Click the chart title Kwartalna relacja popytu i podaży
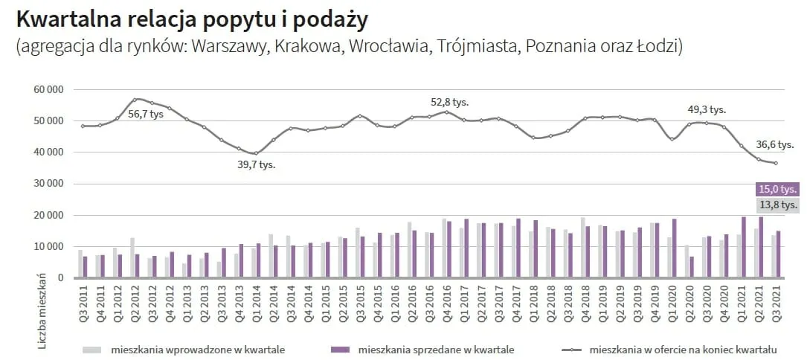[191, 18]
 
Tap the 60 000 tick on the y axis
[48, 89]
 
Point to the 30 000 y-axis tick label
[48, 184]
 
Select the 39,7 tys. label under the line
[257, 164]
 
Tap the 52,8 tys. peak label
[450, 102]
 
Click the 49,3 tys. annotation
[706, 109]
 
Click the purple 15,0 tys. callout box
[778, 189]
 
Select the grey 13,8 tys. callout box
[778, 205]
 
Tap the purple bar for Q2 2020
[692, 268]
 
